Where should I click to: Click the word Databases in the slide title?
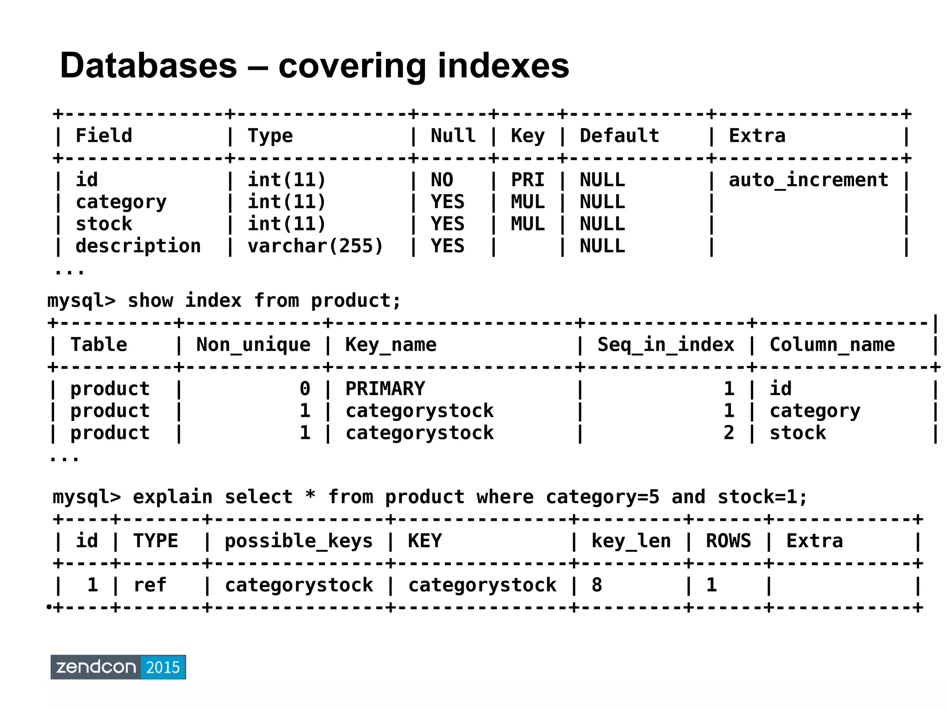pyautogui.click(x=148, y=66)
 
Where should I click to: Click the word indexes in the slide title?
pyautogui.click(x=503, y=66)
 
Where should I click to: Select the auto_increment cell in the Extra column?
pyautogui.click(x=808, y=180)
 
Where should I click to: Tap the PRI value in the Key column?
pyautogui.click(x=528, y=180)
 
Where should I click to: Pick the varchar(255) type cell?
pyautogui.click(x=315, y=246)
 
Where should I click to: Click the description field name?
pyautogui.click(x=138, y=246)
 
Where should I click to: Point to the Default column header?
pyautogui.click(x=619, y=136)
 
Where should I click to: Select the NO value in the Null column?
pyautogui.click(x=442, y=180)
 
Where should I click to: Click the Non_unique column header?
pyautogui.click(x=253, y=345)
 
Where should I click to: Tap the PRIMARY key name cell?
pyautogui.click(x=385, y=389)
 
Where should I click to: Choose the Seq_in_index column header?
pyautogui.click(x=666, y=345)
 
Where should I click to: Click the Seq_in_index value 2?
pyautogui.click(x=729, y=433)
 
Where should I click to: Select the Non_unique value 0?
pyautogui.click(x=305, y=389)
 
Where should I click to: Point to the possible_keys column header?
pyautogui.click(x=299, y=541)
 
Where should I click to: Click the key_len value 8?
pyautogui.click(x=597, y=585)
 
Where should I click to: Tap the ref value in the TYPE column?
pyautogui.click(x=150, y=585)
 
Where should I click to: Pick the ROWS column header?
pyautogui.click(x=728, y=541)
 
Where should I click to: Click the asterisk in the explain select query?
pyautogui.click(x=310, y=496)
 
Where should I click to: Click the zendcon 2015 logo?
pyautogui.click(x=118, y=667)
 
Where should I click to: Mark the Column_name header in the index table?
pyautogui.click(x=832, y=345)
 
